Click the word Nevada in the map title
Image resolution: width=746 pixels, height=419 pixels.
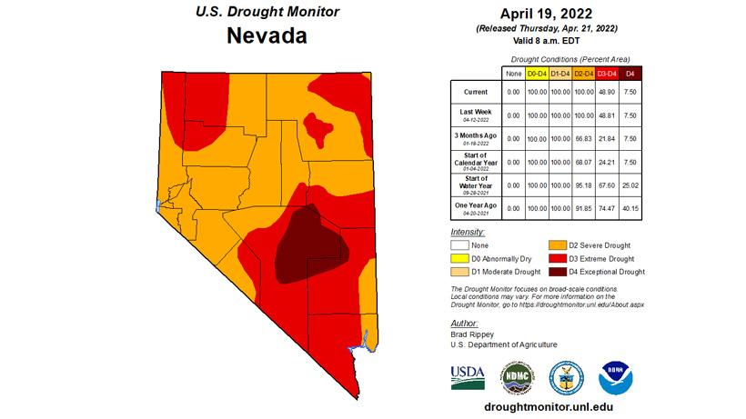267,36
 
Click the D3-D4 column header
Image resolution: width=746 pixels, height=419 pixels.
607,72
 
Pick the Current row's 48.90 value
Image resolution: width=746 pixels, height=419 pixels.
607,92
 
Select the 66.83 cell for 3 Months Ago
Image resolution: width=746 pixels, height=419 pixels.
583,138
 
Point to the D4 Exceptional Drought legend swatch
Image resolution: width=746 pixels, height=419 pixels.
562,271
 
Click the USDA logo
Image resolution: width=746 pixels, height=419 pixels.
467,376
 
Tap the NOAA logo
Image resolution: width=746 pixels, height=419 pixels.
615,376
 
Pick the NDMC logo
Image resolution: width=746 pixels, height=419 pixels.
516,376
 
